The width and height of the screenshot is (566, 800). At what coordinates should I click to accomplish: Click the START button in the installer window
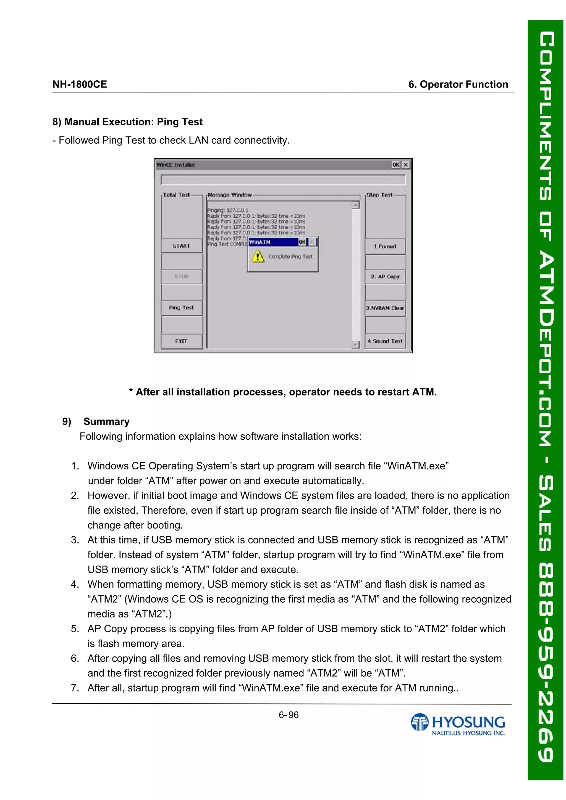coord(181,246)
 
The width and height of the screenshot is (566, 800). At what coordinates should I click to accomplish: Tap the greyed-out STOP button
coord(181,276)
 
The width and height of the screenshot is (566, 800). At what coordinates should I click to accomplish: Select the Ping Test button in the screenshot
coord(181,308)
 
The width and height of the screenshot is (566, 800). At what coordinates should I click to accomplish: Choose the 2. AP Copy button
coord(385,277)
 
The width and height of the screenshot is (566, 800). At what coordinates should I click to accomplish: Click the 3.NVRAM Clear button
coord(385,308)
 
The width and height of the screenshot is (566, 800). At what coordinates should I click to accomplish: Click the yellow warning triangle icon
coord(258,257)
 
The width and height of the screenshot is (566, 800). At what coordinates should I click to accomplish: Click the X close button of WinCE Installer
coord(406,165)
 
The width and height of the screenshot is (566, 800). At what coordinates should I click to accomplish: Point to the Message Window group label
coord(230,195)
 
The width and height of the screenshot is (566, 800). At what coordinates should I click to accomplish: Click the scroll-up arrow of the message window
coord(355,205)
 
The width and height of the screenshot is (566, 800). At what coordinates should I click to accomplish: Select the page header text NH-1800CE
coord(80,84)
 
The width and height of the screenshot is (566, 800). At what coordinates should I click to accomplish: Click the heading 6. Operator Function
coord(458,84)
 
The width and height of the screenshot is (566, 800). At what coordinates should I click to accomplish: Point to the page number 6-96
coord(289,715)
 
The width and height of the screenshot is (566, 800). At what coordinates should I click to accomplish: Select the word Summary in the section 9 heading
coord(106,422)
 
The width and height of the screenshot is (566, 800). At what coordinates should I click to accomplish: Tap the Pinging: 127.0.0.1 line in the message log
coord(228,210)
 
